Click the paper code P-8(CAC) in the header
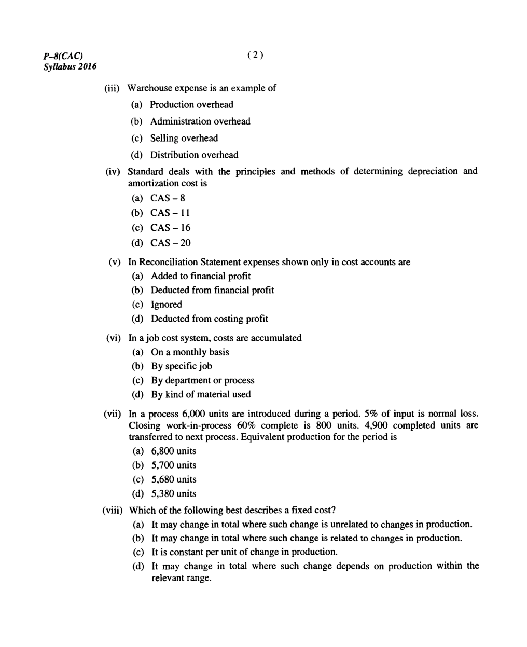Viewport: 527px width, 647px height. (63, 56)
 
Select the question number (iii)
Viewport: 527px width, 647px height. (113, 88)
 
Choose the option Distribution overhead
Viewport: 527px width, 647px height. (194, 155)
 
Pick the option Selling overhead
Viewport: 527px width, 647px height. (184, 138)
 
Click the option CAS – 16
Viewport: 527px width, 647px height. (170, 228)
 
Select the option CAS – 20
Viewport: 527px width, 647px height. (170, 243)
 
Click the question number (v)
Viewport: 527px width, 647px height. (115, 263)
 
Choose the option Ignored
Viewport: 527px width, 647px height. (166, 305)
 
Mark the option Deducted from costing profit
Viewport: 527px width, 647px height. (209, 319)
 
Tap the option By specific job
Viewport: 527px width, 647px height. (181, 366)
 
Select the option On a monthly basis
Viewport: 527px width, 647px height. (190, 352)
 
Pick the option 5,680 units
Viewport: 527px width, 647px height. (173, 479)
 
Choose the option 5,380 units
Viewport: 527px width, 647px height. (173, 493)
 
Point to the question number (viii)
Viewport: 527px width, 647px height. (113, 511)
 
